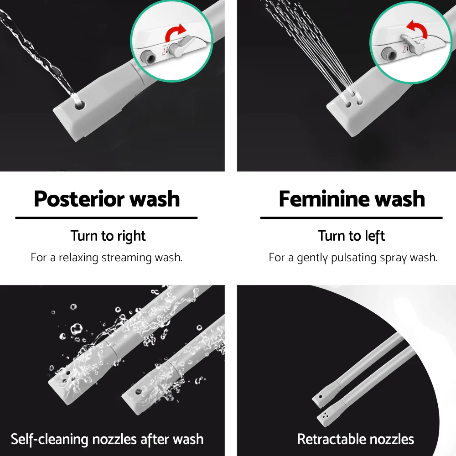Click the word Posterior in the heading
pyautogui.click(x=79, y=199)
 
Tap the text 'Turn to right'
pyautogui.click(x=108, y=236)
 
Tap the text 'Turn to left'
pyautogui.click(x=351, y=236)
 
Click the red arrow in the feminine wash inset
pyautogui.click(x=417, y=29)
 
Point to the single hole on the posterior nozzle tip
pyautogui.click(x=79, y=105)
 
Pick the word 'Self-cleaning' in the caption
pyautogui.click(x=49, y=440)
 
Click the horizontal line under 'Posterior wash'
pyautogui.click(x=106, y=218)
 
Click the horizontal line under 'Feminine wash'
pyautogui.click(x=351, y=218)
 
